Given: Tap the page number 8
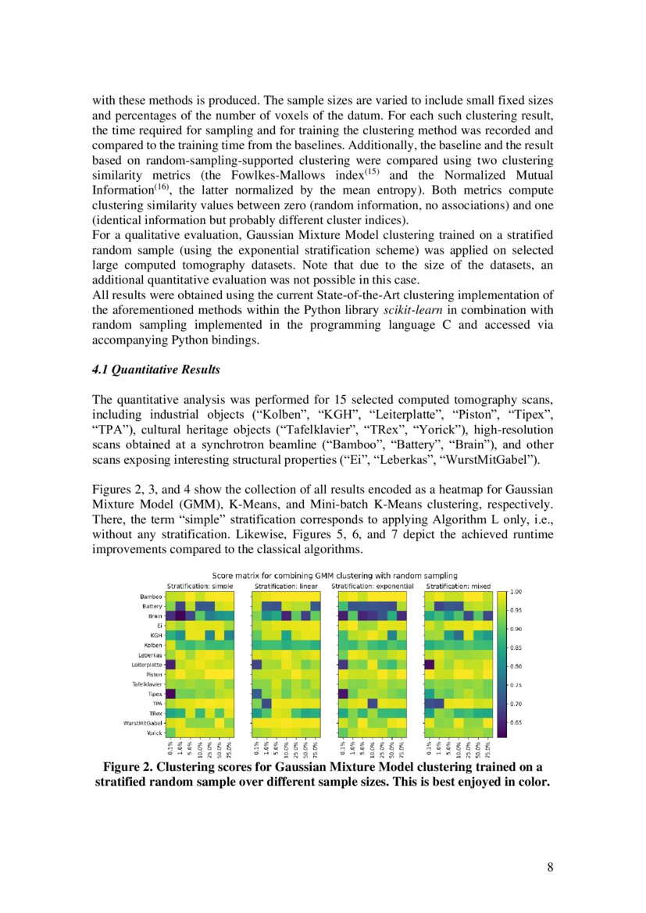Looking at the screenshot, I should (551, 867).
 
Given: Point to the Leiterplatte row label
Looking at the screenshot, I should (147, 665).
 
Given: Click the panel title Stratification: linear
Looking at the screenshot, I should (286, 585).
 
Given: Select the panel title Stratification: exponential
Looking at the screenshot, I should (371, 585).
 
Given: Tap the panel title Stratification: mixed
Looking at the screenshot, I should (456, 585).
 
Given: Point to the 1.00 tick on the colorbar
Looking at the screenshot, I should (516, 591).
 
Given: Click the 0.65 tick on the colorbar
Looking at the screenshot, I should (516, 723).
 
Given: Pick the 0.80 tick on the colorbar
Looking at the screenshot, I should (516, 666).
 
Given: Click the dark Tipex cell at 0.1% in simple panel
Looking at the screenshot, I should (171, 694).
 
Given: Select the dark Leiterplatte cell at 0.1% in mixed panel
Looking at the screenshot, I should (428, 665).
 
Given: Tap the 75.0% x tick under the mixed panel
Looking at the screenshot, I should (488, 750).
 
